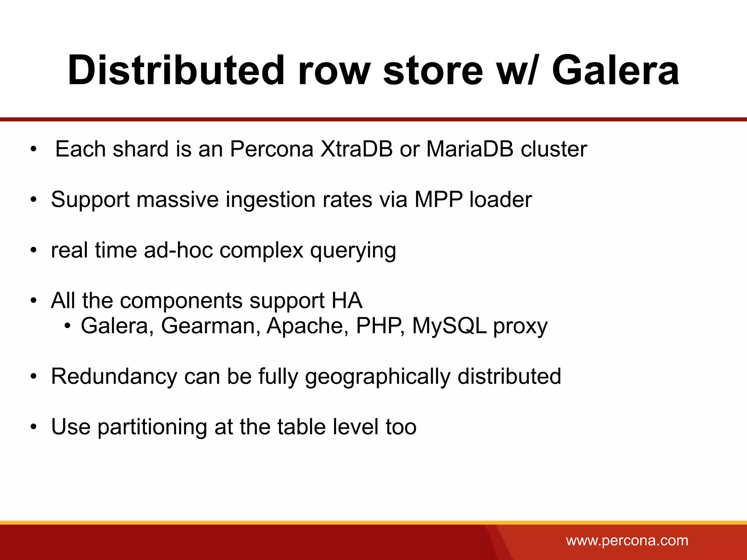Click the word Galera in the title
615,70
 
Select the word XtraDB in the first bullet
356,149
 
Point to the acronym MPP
438,199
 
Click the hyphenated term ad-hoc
178,250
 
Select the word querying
353,251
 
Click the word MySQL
449,326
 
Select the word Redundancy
114,377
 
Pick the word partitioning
152,427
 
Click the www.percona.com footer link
627,540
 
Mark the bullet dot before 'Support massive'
34,200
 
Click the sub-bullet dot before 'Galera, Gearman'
67,326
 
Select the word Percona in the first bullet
271,149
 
